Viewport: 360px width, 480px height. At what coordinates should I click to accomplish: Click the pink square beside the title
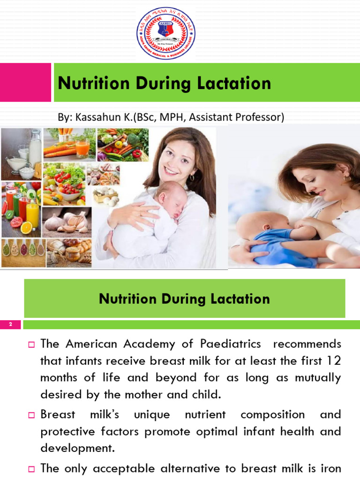click(x=25, y=82)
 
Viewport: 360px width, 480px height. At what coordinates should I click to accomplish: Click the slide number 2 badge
click(x=10, y=325)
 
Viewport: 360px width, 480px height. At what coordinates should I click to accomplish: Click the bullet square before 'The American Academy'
click(x=32, y=345)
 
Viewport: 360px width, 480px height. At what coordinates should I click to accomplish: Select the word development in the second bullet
click(x=76, y=448)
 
